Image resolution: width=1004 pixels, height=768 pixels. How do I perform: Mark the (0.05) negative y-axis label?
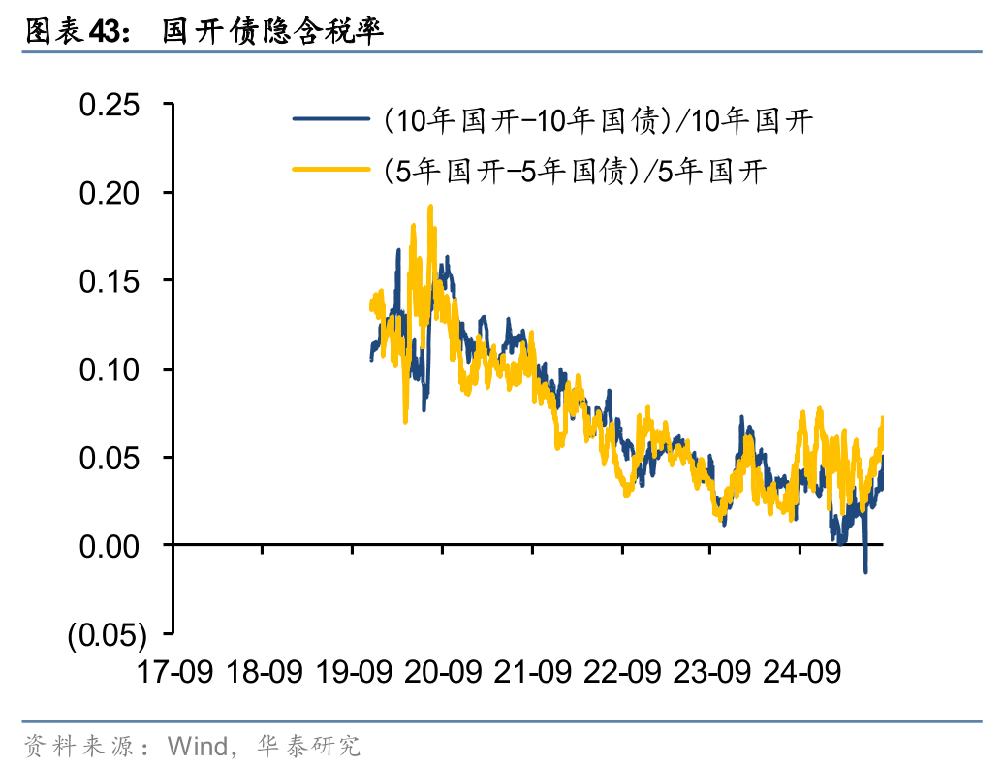coord(107,635)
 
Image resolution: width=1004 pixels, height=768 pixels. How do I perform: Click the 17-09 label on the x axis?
coord(174,671)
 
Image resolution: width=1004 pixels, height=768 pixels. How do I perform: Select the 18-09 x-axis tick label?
coord(264,671)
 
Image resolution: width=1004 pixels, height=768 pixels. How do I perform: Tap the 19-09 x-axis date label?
coord(353,671)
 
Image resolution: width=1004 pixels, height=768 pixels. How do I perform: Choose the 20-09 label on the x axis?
coord(443,671)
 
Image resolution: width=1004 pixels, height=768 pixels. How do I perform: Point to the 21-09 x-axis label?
coord(532,671)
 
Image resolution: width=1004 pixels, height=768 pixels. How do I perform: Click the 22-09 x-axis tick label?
coord(621,671)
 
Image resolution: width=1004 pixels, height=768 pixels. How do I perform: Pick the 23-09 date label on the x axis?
coord(710,671)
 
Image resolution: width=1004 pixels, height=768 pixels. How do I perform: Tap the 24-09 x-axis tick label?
coord(800,671)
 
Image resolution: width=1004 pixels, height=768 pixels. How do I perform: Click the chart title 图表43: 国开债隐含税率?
coord(204,31)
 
